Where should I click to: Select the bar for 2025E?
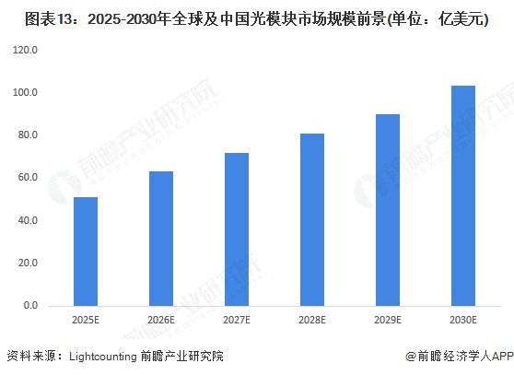pyautogui.click(x=86, y=251)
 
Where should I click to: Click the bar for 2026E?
pyautogui.click(x=161, y=238)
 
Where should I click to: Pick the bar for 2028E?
pyautogui.click(x=312, y=219)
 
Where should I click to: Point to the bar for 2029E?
pyautogui.click(x=388, y=209)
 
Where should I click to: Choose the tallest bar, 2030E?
pyautogui.click(x=463, y=195)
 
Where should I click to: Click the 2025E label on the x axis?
pyautogui.click(x=86, y=319)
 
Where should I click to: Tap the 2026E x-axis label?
pyautogui.click(x=161, y=319)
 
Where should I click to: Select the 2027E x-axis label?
pyautogui.click(x=237, y=319)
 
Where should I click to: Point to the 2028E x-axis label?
pyautogui.click(x=312, y=319)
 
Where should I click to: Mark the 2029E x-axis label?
pyautogui.click(x=388, y=319)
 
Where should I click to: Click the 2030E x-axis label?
pyautogui.click(x=463, y=319)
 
